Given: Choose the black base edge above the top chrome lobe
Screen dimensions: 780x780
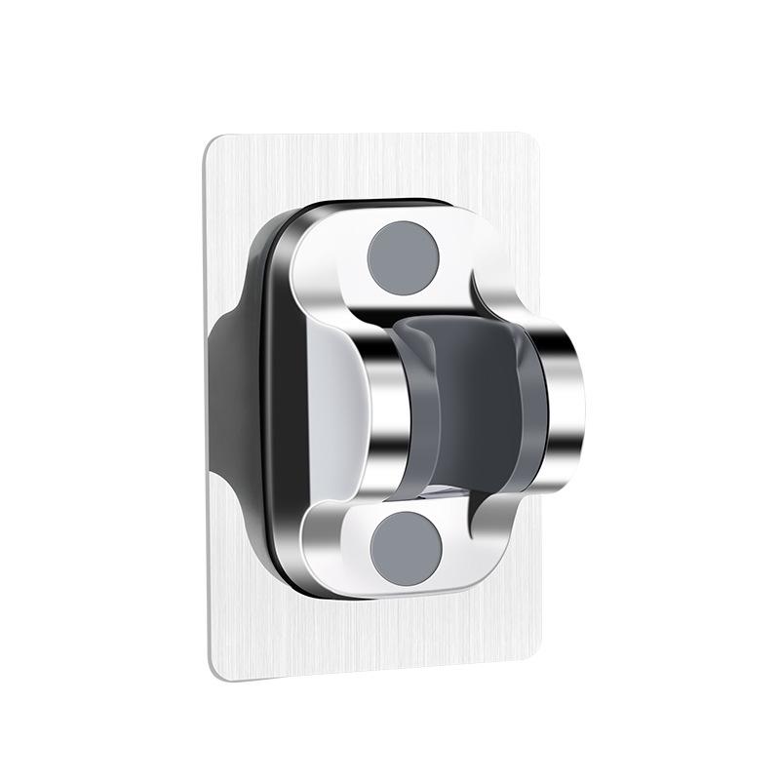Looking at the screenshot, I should coord(380,207).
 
